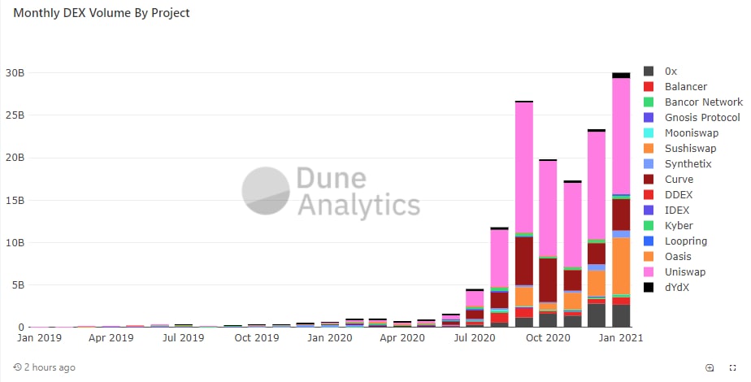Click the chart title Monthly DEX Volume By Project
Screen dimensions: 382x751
tap(102, 14)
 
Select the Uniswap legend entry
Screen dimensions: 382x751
tap(684, 271)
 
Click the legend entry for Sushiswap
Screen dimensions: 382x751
tap(690, 149)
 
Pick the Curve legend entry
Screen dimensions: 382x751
tap(678, 179)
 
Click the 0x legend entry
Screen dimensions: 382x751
tap(671, 72)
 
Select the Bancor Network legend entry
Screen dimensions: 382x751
tap(703, 102)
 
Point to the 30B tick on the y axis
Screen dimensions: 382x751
tap(15, 73)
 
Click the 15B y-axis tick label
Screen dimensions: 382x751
tap(15, 200)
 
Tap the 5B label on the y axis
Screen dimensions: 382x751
tap(18, 284)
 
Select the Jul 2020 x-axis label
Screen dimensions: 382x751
tap(475, 337)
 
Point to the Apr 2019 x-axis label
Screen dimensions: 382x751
tap(111, 337)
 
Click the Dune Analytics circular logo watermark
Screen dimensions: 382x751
tap(266, 191)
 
